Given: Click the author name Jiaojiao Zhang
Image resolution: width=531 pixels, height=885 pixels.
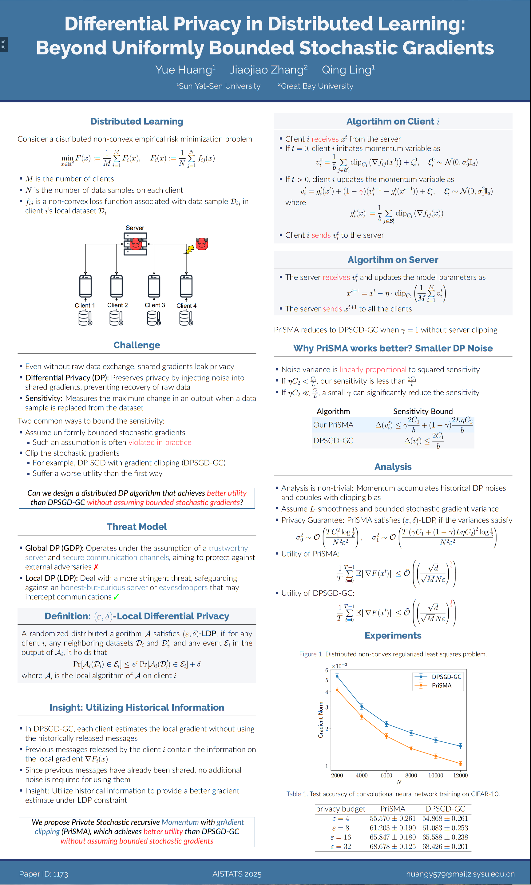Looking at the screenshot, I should (x=268, y=70).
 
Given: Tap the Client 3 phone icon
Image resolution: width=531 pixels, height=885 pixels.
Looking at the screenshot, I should (x=154, y=286).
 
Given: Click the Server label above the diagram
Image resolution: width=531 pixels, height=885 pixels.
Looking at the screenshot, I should (x=135, y=228).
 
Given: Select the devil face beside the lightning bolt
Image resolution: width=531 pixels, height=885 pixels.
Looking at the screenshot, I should (x=202, y=244).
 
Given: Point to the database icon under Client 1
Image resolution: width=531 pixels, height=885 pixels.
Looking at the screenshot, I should (x=85, y=318).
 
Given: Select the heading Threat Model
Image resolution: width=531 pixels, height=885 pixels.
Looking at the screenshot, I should (x=137, y=527).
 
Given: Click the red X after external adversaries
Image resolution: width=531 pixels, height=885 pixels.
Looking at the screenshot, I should (x=96, y=567).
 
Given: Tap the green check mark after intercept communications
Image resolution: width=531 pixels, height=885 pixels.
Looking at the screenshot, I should (x=116, y=597).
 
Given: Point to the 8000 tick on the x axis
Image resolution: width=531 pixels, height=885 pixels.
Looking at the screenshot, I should (x=411, y=776).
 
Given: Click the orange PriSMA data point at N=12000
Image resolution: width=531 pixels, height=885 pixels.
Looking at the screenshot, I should (x=461, y=764).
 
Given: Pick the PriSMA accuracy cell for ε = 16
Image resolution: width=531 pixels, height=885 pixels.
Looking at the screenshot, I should (x=393, y=837).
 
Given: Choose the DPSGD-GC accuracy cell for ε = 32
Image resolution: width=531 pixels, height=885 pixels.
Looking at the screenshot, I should (x=445, y=846).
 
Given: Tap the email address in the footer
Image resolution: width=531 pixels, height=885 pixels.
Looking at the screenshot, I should (x=460, y=874).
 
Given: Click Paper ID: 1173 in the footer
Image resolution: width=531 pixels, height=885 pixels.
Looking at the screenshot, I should (x=44, y=874).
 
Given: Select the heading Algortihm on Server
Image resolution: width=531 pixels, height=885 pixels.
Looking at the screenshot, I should (x=393, y=260).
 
